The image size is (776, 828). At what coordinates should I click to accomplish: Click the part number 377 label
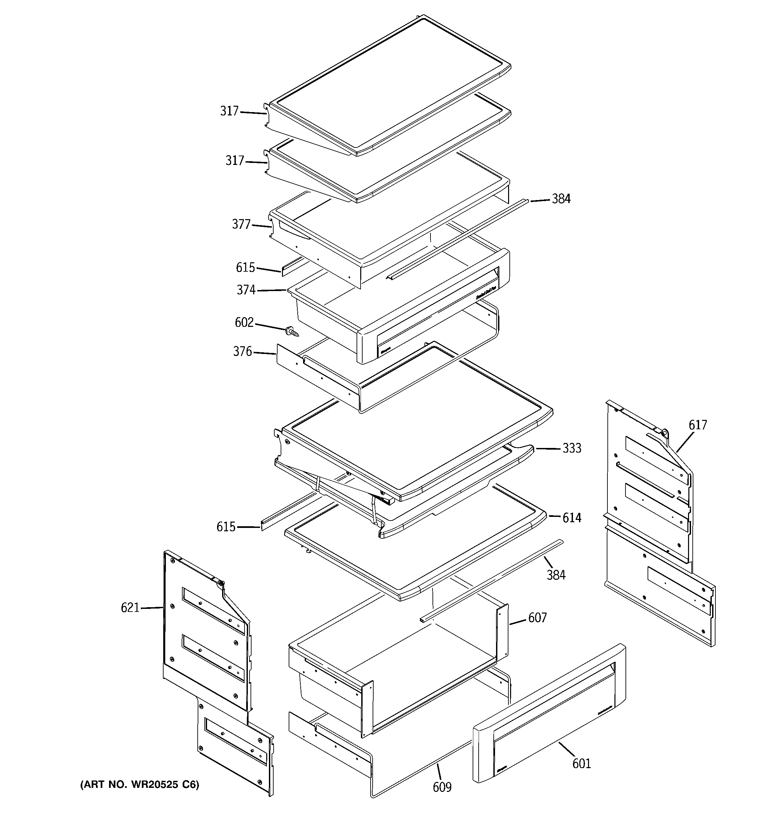[241, 224]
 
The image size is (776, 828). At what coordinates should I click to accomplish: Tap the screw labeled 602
[292, 332]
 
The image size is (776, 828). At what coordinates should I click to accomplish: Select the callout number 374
[246, 290]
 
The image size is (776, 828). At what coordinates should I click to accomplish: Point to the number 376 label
[242, 352]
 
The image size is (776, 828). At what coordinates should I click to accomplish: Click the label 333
[572, 448]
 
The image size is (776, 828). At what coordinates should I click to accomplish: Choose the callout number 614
[572, 518]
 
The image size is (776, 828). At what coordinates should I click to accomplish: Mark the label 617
[698, 425]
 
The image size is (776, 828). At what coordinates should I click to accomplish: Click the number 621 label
[130, 608]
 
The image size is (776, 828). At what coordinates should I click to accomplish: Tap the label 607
[537, 618]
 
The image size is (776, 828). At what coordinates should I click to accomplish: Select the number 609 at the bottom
[442, 787]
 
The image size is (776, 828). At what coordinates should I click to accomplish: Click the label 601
[581, 763]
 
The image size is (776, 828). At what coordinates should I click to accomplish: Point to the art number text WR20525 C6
[139, 785]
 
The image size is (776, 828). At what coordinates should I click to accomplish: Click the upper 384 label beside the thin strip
[561, 199]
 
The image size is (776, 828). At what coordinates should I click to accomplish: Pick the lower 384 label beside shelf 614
[556, 575]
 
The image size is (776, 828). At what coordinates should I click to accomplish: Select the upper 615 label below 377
[245, 267]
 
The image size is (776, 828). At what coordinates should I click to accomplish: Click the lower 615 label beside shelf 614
[226, 527]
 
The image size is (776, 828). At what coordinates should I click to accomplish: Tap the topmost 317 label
[229, 111]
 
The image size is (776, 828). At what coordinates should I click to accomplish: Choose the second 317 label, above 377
[234, 160]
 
